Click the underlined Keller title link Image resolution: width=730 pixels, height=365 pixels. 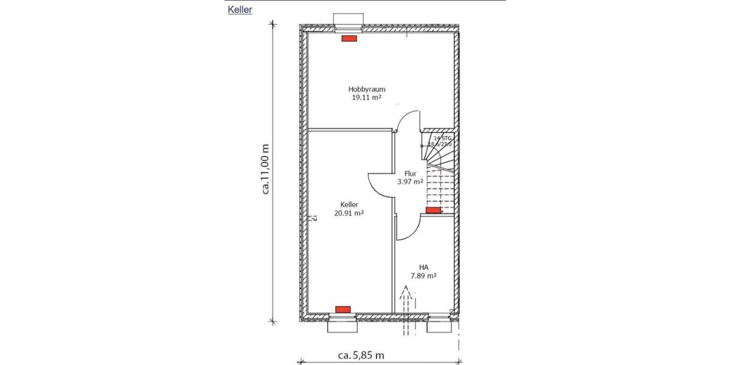click(240, 9)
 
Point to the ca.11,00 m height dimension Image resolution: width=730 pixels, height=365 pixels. click(265, 169)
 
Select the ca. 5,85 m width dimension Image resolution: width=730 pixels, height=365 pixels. click(361, 354)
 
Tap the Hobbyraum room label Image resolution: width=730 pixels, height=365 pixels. click(367, 89)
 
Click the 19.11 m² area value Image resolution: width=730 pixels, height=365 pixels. click(367, 97)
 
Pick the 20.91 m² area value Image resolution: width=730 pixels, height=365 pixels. click(349, 213)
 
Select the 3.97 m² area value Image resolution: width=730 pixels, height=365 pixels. click(409, 181)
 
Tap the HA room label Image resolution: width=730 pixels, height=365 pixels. click(424, 267)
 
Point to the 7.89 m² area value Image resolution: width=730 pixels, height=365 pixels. click(424, 276)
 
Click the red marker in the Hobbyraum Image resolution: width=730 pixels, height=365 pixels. click(349, 38)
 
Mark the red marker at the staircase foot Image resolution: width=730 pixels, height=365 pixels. click(433, 210)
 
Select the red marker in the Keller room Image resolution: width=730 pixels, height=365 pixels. click(344, 309)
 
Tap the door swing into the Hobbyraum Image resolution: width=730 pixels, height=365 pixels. click(407, 120)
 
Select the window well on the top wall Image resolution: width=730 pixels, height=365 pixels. click(348, 20)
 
